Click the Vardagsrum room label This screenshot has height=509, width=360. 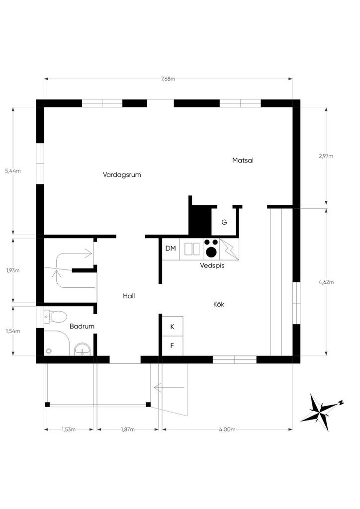tap(122, 174)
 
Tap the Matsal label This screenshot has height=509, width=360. tap(243, 160)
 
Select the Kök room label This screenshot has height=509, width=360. tap(219, 304)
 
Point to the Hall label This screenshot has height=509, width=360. tap(129, 296)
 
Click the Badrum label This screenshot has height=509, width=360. tap(82, 326)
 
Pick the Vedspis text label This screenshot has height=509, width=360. tap(212, 265)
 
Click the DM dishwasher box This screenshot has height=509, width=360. tap(171, 249)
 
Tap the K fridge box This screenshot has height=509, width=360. tap(173, 326)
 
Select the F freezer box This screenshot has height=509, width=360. tap(173, 346)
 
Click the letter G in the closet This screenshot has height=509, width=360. tap(224, 222)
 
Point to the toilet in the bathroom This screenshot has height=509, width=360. tap(55, 317)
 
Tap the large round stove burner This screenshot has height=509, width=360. tap(211, 252)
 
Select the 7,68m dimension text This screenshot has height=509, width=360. tap(168, 79)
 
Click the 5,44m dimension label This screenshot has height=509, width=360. tap(13, 171)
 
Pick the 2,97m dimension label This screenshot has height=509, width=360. tap(326, 156)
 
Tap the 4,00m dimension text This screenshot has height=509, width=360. tap(227, 429)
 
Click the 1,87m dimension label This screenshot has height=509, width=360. tap(128, 429)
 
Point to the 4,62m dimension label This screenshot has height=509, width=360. tap(326, 282)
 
